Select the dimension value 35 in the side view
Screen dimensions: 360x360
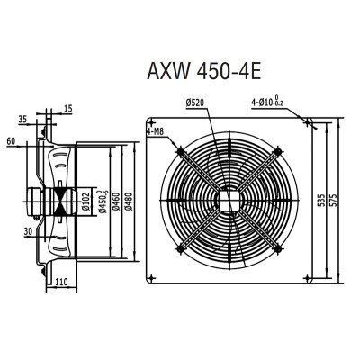[47, 118]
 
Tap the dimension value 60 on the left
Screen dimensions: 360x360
[12, 142]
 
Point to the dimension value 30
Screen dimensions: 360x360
[30, 231]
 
